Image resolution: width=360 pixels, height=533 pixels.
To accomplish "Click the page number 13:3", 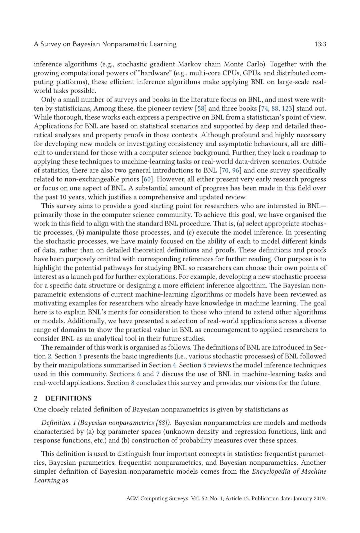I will click(320, 44).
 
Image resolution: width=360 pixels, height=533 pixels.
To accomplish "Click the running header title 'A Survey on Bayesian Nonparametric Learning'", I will click(105, 44).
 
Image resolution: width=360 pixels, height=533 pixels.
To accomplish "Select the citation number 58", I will click(201, 108).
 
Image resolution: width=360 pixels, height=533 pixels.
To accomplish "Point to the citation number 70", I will click(225, 170).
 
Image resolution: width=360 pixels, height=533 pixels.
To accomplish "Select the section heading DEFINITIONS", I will click(68, 398).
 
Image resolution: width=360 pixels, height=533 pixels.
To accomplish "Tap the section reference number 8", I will click(133, 383).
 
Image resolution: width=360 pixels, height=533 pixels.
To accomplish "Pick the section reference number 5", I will click(205, 365).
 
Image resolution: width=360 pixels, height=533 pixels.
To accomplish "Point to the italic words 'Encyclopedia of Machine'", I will click(289, 471).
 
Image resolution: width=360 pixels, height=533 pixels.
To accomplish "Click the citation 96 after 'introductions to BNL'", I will click(236, 170).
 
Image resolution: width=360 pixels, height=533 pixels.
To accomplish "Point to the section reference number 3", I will click(80, 356).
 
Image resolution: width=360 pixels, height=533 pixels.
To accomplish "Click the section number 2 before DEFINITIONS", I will click(36, 398).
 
